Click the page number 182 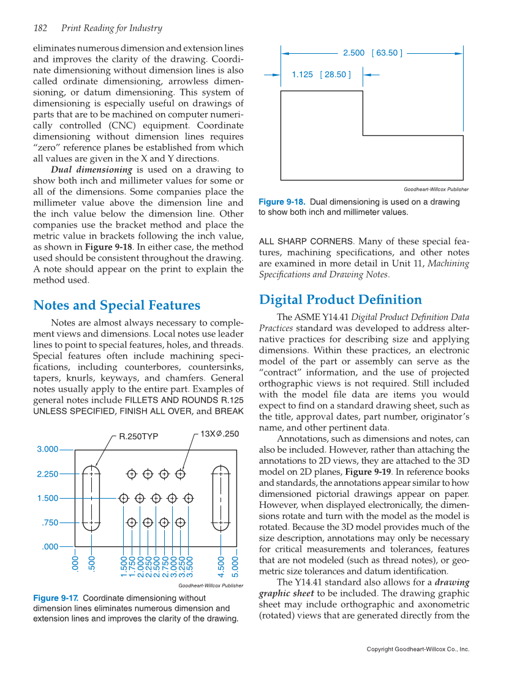(40, 28)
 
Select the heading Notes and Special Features (116, 305)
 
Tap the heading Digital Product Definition (341, 300)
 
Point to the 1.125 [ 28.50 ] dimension (321, 75)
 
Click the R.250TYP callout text (138, 437)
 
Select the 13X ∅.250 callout (219, 434)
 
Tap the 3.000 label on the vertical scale (47, 449)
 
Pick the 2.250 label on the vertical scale (47, 474)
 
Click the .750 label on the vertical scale (50, 522)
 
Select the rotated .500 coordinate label (91, 563)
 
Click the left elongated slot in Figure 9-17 (91, 498)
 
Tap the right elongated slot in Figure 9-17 (220, 498)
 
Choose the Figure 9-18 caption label (281, 202)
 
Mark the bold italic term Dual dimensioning (91, 169)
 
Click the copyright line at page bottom (418, 649)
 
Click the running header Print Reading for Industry (111, 28)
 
